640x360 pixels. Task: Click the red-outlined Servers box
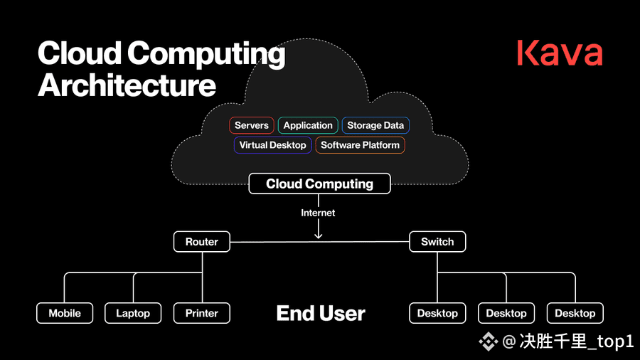252,125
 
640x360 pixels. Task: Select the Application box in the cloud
308,125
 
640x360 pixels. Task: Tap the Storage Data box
375,125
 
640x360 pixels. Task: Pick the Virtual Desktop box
272,145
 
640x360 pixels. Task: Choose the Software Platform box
360,145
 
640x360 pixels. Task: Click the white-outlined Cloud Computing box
319,184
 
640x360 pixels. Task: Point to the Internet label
318,213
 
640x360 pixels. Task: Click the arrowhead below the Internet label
319,235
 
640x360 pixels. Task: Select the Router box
202,242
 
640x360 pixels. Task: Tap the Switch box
437,242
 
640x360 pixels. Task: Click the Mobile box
65,313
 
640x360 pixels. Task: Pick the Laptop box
133,313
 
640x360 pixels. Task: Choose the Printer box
202,313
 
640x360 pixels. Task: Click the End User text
321,314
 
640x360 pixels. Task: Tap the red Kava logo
560,53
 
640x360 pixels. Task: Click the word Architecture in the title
127,85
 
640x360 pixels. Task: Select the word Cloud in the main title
80,53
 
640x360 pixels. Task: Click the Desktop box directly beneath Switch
437,313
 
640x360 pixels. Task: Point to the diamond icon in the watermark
488,342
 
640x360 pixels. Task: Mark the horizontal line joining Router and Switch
319,242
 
